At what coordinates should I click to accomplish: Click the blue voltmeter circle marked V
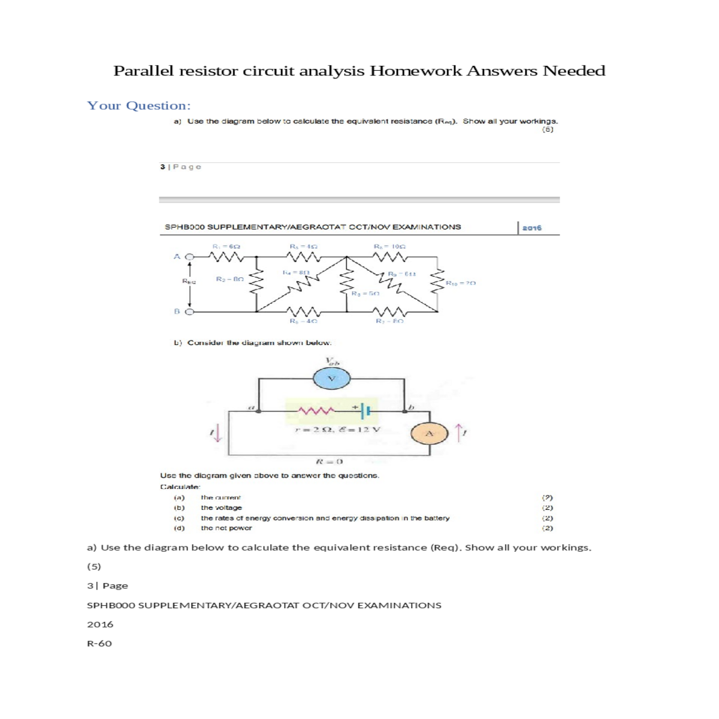pyautogui.click(x=331, y=378)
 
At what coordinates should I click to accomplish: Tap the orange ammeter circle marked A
pyautogui.click(x=430, y=433)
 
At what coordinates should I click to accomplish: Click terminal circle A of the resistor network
pyautogui.click(x=190, y=256)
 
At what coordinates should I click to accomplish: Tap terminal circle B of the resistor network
pyautogui.click(x=190, y=311)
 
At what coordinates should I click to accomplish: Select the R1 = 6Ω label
pyautogui.click(x=226, y=246)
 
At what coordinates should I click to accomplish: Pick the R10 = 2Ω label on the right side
pyautogui.click(x=461, y=283)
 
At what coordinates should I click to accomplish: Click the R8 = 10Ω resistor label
pyautogui.click(x=390, y=246)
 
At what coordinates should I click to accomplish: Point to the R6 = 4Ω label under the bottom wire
pyautogui.click(x=303, y=322)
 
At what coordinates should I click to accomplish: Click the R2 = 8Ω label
pyautogui.click(x=229, y=279)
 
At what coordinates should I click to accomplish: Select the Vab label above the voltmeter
pyautogui.click(x=332, y=361)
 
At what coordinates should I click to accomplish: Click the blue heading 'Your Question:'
pyautogui.click(x=139, y=106)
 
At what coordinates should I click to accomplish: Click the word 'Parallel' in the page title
pyautogui.click(x=143, y=71)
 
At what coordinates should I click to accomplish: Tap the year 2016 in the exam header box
pyautogui.click(x=531, y=228)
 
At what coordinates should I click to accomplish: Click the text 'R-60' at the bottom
pyautogui.click(x=99, y=644)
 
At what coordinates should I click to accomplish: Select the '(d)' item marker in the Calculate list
pyautogui.click(x=179, y=528)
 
